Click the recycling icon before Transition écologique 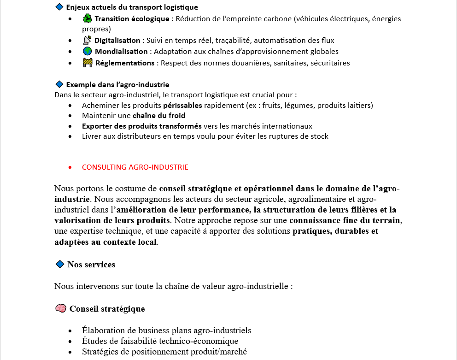88,18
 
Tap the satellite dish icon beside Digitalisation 87,40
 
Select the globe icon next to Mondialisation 88,51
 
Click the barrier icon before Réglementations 88,63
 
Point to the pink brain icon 60,308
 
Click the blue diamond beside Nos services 59,264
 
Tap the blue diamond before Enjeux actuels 59,7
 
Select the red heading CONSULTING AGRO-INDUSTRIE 135,167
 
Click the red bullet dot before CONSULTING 70,167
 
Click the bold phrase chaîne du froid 159,116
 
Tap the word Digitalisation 117,41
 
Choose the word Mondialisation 121,52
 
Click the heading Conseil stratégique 107,309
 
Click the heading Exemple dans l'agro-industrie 117,85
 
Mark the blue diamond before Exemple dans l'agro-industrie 59,84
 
